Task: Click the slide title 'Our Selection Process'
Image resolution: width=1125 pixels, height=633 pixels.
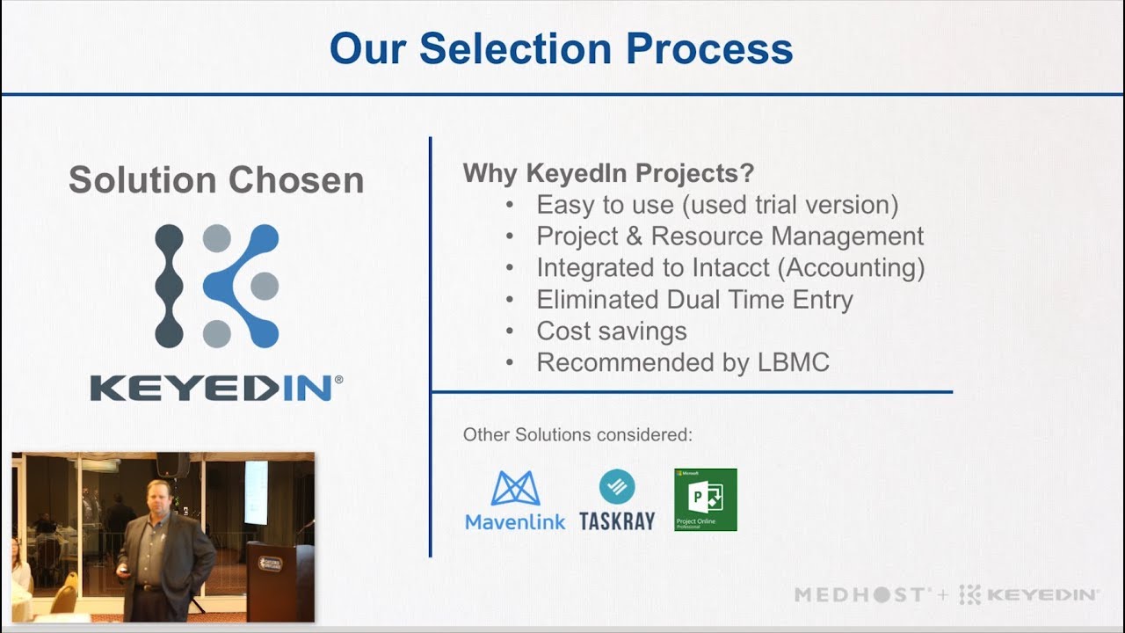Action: click(561, 48)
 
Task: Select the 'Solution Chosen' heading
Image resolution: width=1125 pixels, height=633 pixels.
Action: click(216, 180)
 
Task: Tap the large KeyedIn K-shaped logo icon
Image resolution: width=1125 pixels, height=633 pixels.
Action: click(217, 286)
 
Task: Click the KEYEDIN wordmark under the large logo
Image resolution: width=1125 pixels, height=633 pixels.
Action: click(216, 389)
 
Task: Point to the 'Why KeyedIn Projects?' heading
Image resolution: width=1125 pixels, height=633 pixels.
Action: click(608, 173)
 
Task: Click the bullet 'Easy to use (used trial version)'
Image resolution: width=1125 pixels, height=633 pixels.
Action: click(717, 205)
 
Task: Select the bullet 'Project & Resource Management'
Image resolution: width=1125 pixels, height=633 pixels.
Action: click(729, 236)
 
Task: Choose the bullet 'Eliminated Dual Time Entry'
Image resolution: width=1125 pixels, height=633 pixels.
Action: click(694, 300)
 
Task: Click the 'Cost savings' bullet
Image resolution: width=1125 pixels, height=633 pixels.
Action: click(612, 331)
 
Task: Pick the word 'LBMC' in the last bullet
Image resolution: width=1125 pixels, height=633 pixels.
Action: click(793, 363)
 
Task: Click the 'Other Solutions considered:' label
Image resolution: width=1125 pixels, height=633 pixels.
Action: click(577, 435)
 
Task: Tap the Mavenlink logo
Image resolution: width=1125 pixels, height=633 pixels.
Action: click(515, 500)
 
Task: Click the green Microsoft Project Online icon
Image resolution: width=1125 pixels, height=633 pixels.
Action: click(705, 499)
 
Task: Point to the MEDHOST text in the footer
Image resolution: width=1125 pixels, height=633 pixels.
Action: click(860, 595)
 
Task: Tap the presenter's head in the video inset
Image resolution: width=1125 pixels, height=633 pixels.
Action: click(151, 498)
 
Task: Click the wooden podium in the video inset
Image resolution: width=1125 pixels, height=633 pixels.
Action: click(274, 580)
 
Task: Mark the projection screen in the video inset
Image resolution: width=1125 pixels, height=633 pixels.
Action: click(256, 492)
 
